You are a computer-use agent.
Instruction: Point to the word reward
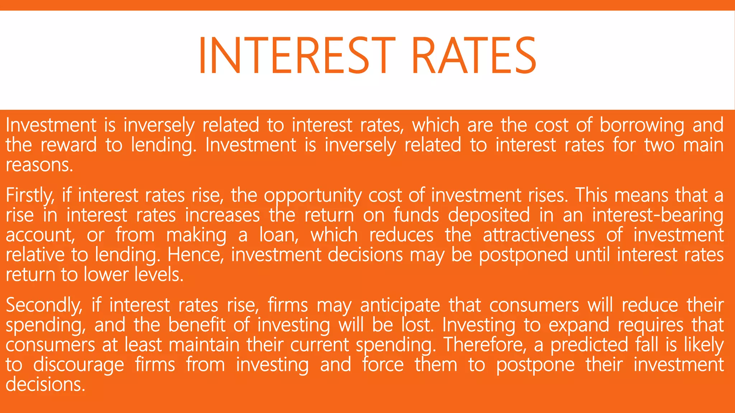(68, 145)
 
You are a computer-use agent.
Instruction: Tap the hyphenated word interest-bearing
(657, 215)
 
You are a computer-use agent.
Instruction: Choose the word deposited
(489, 215)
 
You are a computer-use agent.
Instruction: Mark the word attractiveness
(539, 235)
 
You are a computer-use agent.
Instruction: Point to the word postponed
(524, 256)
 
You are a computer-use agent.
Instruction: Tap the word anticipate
(400, 306)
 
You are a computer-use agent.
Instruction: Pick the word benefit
(197, 325)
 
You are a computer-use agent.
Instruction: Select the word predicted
(589, 345)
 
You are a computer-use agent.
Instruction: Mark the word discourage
(79, 365)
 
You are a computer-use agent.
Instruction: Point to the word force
(383, 364)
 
